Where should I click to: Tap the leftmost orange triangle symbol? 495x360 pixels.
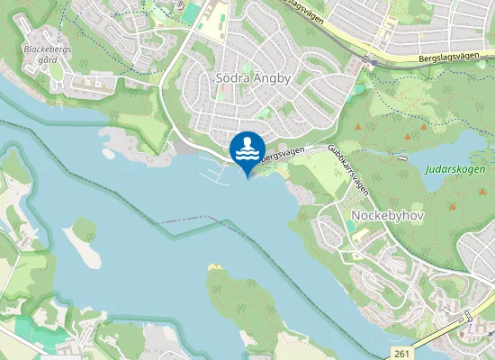(x=358, y=128)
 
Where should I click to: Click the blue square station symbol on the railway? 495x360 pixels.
(x=467, y=316)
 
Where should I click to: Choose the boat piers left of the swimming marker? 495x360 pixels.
(x=214, y=168)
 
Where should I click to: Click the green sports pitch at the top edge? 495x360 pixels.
(x=192, y=12)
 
